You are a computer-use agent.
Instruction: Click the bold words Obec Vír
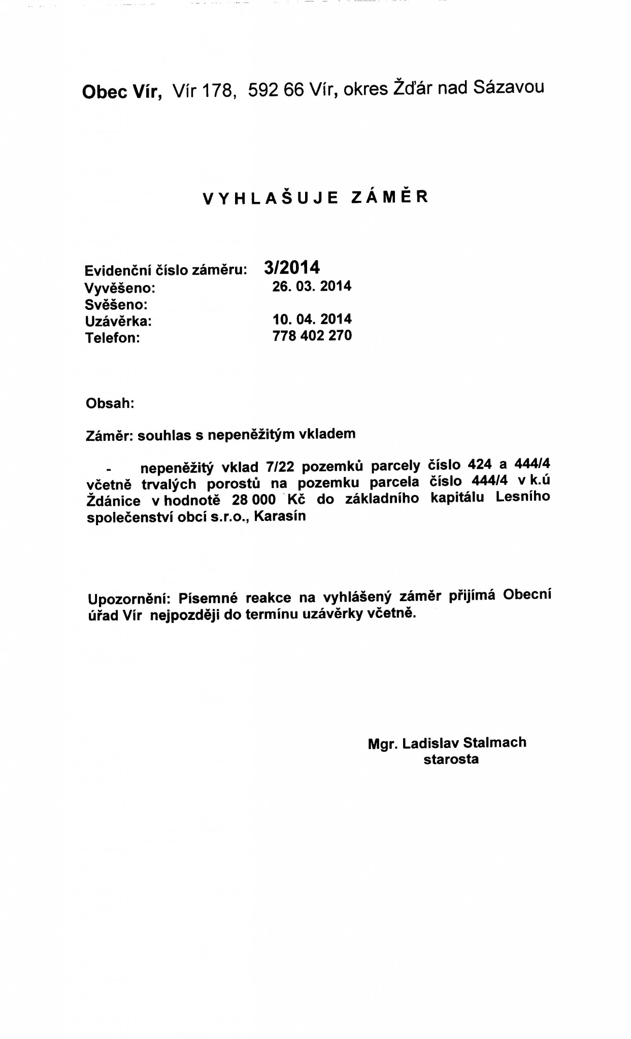pyautogui.click(x=122, y=93)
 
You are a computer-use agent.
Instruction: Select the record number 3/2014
pyautogui.click(x=292, y=267)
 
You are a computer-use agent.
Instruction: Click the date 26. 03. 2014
pyautogui.click(x=312, y=286)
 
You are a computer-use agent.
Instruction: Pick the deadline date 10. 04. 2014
pyautogui.click(x=312, y=319)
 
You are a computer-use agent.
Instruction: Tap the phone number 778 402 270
pyautogui.click(x=312, y=335)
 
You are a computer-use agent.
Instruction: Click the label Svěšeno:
pyautogui.click(x=116, y=305)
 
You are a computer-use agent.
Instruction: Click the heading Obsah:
pyautogui.click(x=110, y=404)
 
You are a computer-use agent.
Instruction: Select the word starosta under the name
pyautogui.click(x=451, y=759)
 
